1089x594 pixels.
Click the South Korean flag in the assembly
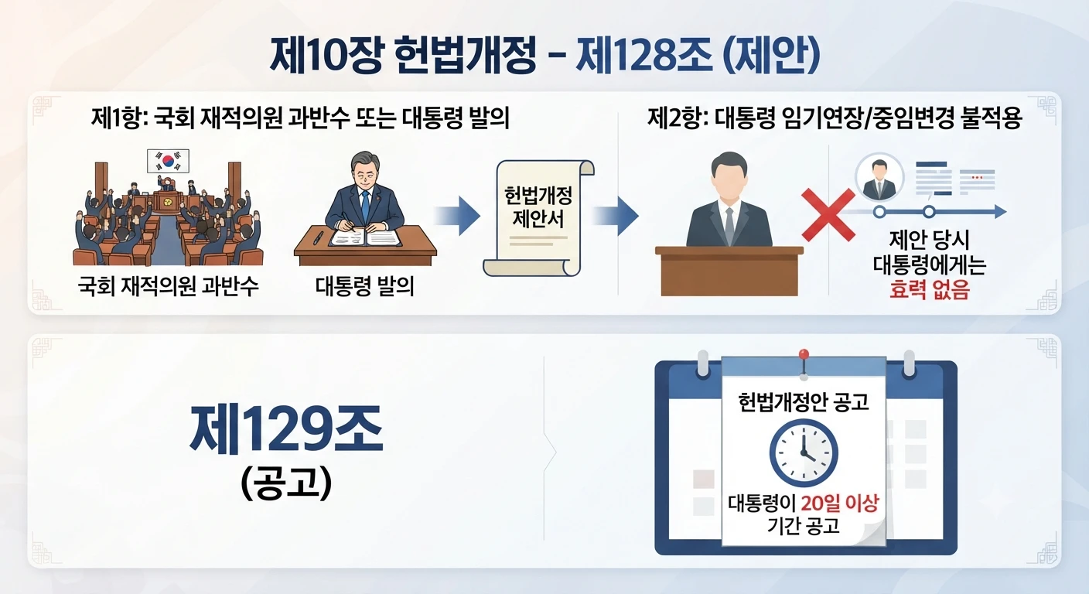pyautogui.click(x=168, y=161)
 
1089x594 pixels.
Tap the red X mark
pyautogui.click(x=828, y=215)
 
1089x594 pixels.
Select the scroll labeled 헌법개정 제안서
pyautogui.click(x=538, y=218)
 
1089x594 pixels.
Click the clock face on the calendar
pyautogui.click(x=804, y=453)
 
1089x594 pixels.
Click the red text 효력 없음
pyautogui.click(x=929, y=290)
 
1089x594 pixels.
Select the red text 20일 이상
pyautogui.click(x=840, y=504)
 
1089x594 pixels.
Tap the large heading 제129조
pyautogui.click(x=286, y=431)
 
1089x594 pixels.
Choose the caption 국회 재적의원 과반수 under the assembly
pyautogui.click(x=168, y=286)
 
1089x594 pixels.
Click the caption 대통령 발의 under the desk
pyautogui.click(x=364, y=286)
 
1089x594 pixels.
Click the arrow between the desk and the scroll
pyautogui.click(x=456, y=216)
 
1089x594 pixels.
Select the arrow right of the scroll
pyautogui.click(x=615, y=216)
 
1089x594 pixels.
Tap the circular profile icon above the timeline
pyautogui.click(x=879, y=177)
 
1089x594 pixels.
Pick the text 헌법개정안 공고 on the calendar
pyautogui.click(x=803, y=402)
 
